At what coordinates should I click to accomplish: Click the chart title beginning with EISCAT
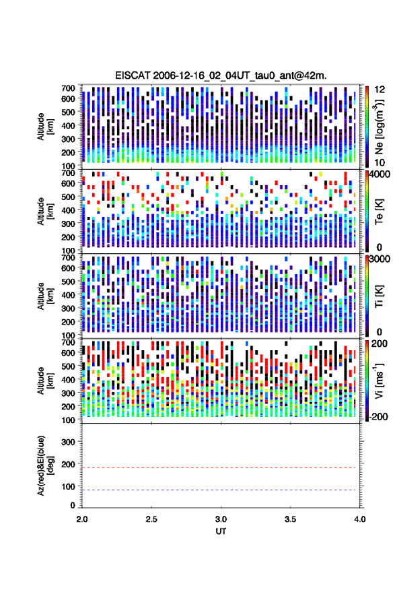coord(221,75)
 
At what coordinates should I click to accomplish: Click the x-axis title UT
coord(221,531)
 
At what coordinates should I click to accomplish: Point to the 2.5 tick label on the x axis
coord(151,519)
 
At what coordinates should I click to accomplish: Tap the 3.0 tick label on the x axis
coord(221,519)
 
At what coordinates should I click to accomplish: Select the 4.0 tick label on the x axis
coord(359,519)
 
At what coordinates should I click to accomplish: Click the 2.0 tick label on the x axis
coord(82,519)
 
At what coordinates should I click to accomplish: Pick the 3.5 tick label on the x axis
coord(290,519)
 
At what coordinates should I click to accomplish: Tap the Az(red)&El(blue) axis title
coord(44,465)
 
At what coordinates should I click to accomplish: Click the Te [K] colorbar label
coord(379,211)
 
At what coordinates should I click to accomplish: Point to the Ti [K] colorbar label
coord(379,296)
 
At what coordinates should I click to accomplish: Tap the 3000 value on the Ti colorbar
coord(379,260)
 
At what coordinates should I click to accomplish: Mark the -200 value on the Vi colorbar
coord(377,417)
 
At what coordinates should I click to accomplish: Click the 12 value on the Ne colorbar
coord(380,90)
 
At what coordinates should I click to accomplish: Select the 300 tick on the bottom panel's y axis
coord(68,442)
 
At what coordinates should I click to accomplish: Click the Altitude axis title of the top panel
coord(44,127)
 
